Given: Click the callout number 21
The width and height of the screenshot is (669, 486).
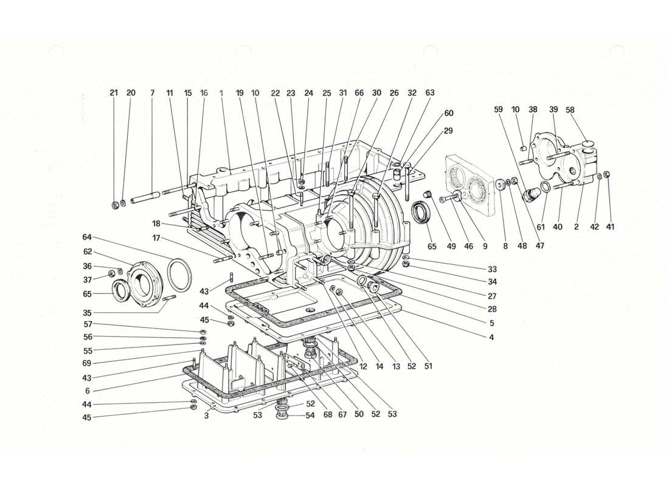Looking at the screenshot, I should click(x=114, y=93).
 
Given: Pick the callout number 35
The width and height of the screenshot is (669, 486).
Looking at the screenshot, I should click(x=87, y=313).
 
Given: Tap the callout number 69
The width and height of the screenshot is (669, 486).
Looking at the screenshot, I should click(x=87, y=363).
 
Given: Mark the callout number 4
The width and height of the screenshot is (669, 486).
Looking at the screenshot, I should click(x=491, y=337).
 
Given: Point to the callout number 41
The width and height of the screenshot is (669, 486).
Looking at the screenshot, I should click(x=610, y=227).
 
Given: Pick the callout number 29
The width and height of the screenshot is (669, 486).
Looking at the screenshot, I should click(x=448, y=131).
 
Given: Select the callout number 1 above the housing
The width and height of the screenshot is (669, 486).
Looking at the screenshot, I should click(x=221, y=93).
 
